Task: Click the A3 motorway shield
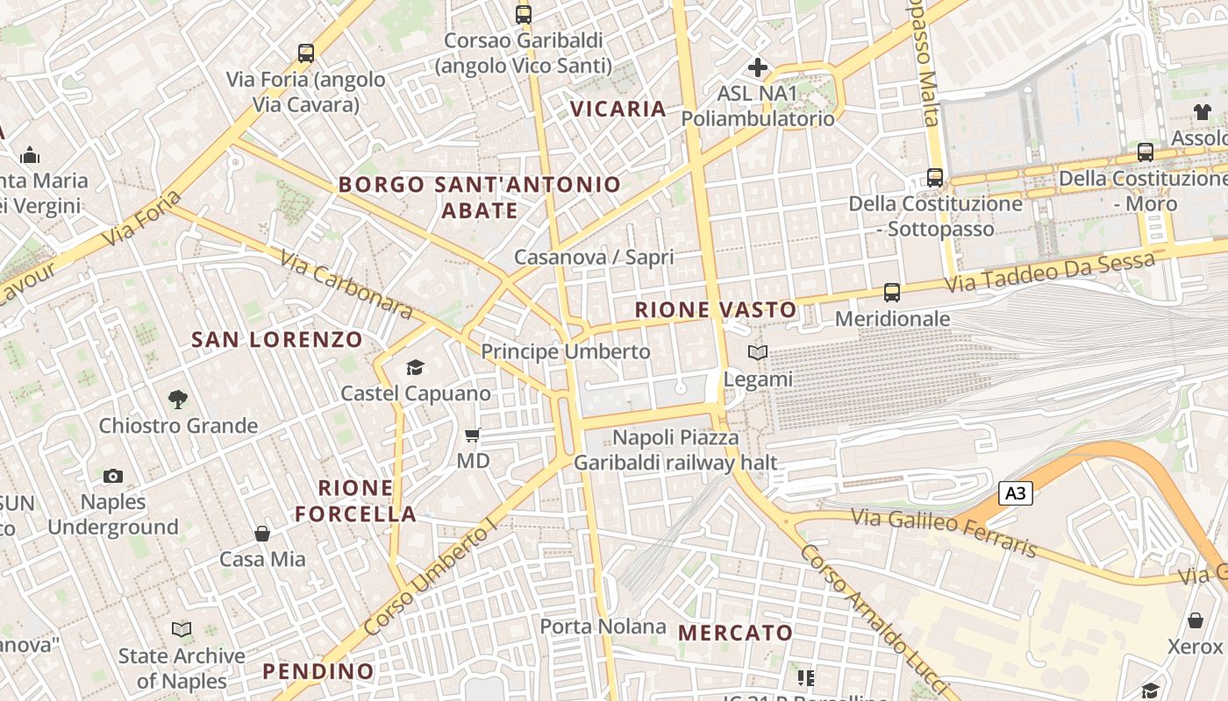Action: [x=1015, y=493]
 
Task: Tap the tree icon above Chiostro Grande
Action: [x=178, y=400]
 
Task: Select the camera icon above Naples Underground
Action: [x=113, y=476]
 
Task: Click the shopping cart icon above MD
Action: [x=473, y=435]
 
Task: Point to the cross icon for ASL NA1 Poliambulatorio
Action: [x=758, y=67]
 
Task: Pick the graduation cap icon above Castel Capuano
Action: [x=415, y=367]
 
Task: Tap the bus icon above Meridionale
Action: [x=892, y=293]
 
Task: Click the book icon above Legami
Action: [x=757, y=353]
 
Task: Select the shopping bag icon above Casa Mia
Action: [x=261, y=534]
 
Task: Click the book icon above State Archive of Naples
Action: [x=182, y=630]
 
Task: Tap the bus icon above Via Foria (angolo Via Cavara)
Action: [x=305, y=53]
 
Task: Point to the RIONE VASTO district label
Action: [x=716, y=309]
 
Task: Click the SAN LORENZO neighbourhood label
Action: [x=277, y=339]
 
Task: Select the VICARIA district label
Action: [x=618, y=109]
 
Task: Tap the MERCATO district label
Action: [x=735, y=632]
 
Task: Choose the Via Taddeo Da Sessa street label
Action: [x=1049, y=273]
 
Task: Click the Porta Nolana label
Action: [x=603, y=627]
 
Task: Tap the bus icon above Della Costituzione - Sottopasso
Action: [x=935, y=178]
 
